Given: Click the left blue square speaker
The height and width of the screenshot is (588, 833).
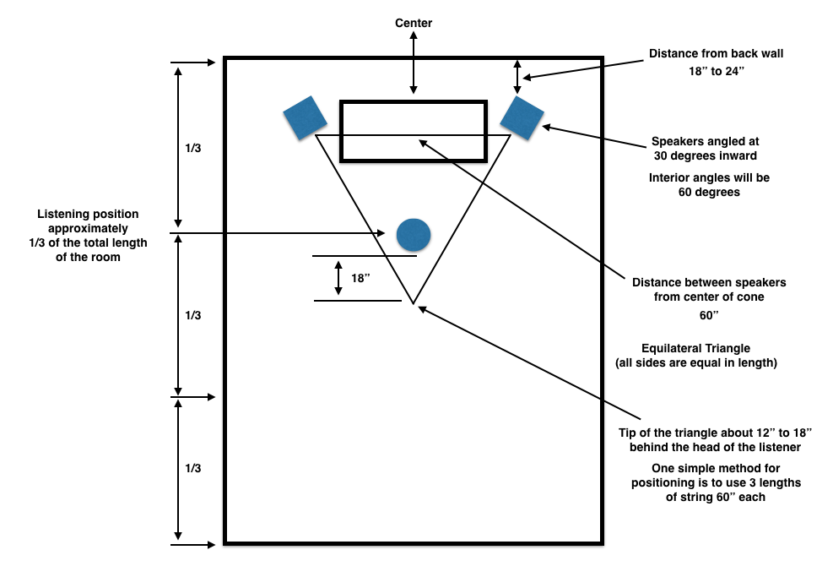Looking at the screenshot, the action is point(305,118).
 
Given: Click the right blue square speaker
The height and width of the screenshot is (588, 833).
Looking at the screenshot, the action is point(522,118).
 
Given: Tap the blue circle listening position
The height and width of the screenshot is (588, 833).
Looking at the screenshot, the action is point(414,235).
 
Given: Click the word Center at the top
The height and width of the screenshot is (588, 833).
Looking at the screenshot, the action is point(414,23).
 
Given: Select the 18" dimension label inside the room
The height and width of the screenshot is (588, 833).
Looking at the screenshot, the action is point(360,278).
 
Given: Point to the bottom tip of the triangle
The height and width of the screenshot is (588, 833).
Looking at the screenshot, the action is point(414,303).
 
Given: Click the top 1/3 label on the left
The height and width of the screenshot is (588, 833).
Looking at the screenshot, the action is point(192,148).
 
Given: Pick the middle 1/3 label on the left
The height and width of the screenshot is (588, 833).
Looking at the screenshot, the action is point(192,315).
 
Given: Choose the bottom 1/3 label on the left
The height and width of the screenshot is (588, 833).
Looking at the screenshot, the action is point(192,468).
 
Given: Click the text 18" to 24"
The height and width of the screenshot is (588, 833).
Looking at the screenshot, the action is point(717,71).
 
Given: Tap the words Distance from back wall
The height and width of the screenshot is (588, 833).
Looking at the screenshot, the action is point(717,53).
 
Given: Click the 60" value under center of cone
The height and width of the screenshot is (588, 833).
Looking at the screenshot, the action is point(709,315).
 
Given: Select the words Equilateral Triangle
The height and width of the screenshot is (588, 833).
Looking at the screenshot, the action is point(696,348).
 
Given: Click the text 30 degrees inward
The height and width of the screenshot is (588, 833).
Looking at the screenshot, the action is point(706,155).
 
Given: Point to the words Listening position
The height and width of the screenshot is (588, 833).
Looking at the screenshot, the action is point(88,214).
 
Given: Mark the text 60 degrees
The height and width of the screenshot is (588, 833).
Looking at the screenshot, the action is point(709,192).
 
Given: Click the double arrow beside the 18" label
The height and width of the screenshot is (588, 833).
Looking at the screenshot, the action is point(338,278).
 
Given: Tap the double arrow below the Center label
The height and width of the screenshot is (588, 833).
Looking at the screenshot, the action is point(414,63).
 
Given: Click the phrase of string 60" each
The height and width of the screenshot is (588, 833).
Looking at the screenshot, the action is point(716,497).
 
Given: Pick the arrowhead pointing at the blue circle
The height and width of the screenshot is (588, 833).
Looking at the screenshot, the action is point(381,233).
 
